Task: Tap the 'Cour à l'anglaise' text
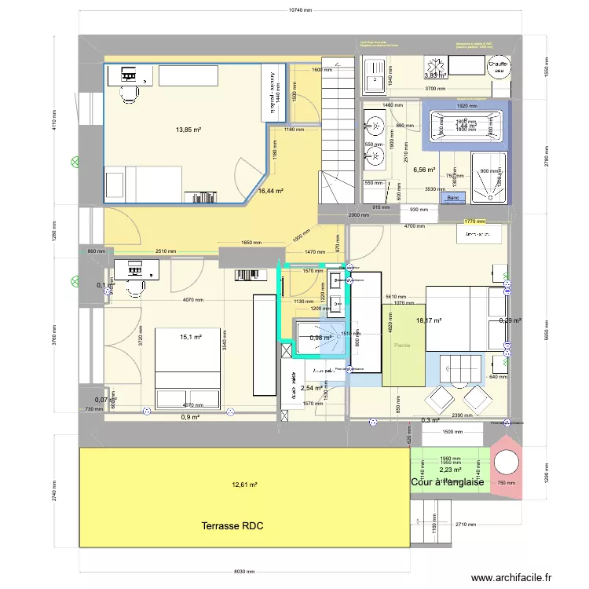tap(447, 482)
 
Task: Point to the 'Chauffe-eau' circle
tap(499, 63)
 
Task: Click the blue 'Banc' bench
tap(452, 198)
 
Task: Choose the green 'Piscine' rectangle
tap(402, 345)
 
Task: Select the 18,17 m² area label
tap(429, 320)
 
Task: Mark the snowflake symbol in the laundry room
tap(432, 64)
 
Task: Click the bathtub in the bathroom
tap(466, 125)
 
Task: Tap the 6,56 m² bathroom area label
tap(423, 169)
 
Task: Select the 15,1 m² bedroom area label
tap(191, 337)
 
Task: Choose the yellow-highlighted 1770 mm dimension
tap(474, 222)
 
